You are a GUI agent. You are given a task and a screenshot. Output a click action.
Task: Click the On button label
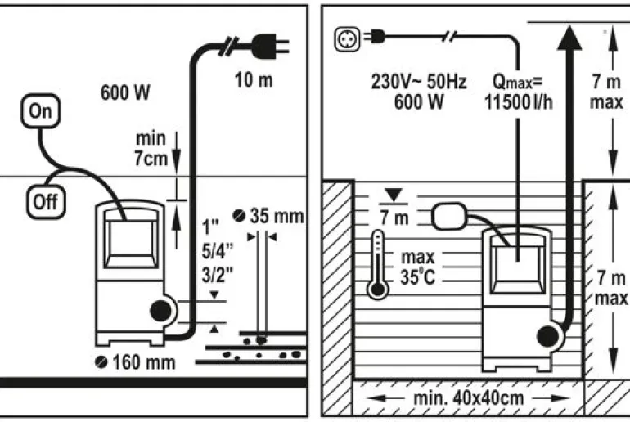[39, 111]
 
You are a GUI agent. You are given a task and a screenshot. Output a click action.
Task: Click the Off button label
[46, 202]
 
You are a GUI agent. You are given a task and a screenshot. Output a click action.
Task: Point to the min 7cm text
[151, 149]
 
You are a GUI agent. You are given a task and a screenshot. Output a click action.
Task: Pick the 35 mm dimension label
[269, 217]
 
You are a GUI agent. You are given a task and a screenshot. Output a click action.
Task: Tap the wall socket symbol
[344, 37]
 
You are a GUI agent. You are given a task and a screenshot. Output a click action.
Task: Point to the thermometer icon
[377, 262]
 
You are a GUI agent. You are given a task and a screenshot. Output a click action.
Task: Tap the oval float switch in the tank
[449, 215]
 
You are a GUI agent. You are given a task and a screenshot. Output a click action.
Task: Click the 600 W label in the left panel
[125, 93]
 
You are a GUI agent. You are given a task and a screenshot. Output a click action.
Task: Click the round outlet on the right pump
[546, 335]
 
